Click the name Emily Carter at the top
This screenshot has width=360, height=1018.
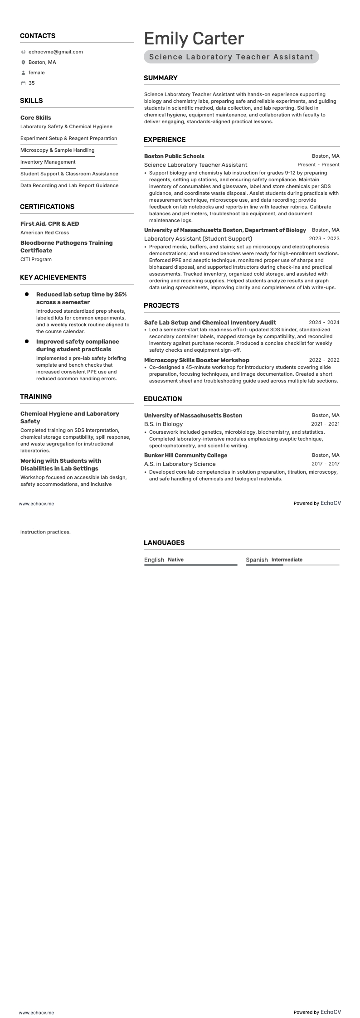(194, 39)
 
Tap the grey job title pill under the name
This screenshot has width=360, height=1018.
(231, 57)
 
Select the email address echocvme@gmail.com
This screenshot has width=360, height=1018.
(56, 52)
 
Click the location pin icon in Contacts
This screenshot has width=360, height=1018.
(23, 62)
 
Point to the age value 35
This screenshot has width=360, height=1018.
(32, 83)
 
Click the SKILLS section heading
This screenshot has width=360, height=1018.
(31, 101)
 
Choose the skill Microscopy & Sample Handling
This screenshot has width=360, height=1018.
(57, 150)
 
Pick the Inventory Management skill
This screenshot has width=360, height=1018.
(48, 162)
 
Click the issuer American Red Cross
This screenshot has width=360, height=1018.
(44, 233)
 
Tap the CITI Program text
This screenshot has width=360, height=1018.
(36, 259)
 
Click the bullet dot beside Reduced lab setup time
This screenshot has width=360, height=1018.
(27, 294)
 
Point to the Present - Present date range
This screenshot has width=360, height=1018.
(318, 165)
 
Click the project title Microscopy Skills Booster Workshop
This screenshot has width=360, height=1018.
(196, 360)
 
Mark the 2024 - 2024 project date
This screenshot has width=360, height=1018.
(324, 322)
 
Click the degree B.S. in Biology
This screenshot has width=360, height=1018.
(163, 424)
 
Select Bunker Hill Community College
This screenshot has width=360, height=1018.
(185, 455)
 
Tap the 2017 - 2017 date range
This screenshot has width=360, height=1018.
(325, 464)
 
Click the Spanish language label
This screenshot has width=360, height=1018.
(257, 560)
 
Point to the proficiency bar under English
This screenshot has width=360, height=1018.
(190, 565)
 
